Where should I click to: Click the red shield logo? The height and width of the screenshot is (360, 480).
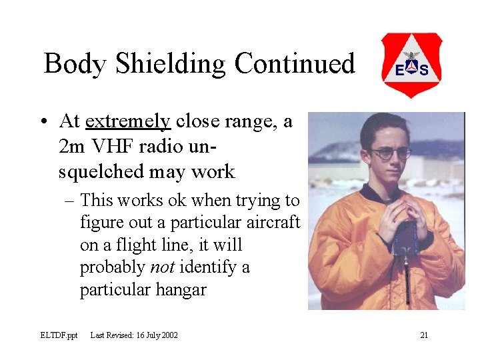point(411,65)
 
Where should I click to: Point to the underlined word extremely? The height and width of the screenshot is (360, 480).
point(128,121)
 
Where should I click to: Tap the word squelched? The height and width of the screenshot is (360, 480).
point(100,171)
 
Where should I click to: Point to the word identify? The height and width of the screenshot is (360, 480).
point(211,267)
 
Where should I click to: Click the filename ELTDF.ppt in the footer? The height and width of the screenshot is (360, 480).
point(58,335)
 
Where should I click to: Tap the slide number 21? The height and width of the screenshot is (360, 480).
point(424,335)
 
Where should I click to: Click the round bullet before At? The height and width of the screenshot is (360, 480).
point(43,122)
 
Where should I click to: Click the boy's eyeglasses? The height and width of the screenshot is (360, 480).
point(391,153)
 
